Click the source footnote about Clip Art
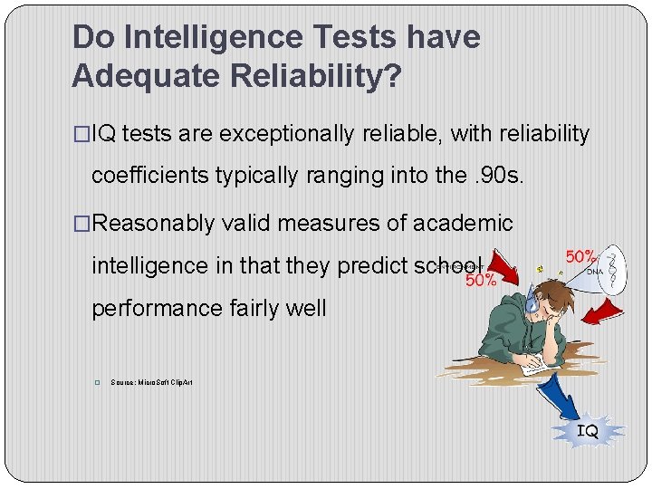pyautogui.click(x=151, y=383)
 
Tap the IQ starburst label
pyautogui.click(x=588, y=432)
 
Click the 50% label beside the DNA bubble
pyautogui.click(x=580, y=258)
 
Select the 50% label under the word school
pyautogui.click(x=481, y=281)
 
